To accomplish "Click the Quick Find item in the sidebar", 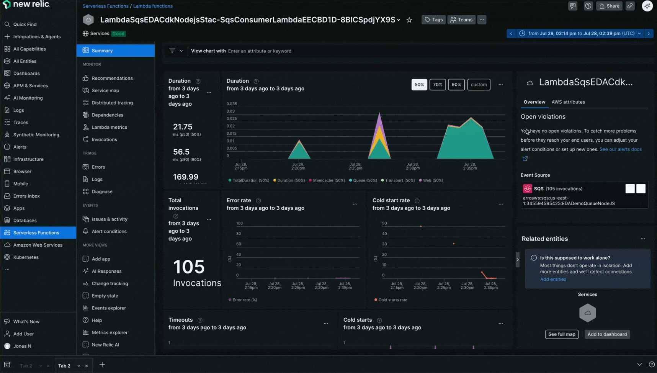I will coord(25,24).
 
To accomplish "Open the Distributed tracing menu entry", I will coord(112,103).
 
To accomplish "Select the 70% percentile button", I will coord(437,85).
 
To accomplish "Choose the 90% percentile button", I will coord(456,85).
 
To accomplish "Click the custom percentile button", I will coord(479,85).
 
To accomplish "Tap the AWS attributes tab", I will coord(568,102).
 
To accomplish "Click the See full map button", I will coord(561,334).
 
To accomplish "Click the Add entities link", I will coord(553,279).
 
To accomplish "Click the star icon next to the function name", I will coord(409,20).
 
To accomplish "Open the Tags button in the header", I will coord(434,20).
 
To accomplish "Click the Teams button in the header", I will coord(461,20).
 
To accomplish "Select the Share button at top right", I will coord(609,6).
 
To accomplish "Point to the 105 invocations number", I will coord(189,267).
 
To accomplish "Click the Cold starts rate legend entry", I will coord(392,300).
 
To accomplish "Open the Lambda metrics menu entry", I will coord(109,127).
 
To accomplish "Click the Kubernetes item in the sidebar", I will coord(26,257).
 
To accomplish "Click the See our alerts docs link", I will coord(620,149).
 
